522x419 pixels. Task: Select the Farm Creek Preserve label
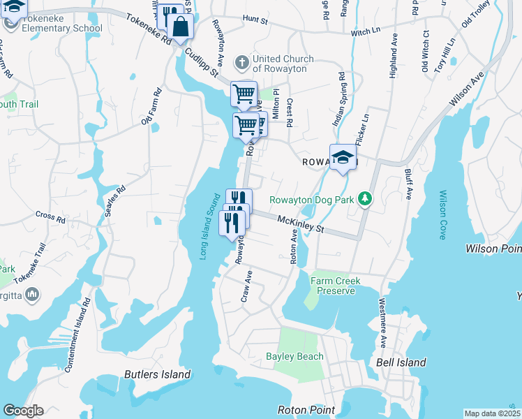click(333, 286)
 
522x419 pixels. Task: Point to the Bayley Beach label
click(294, 356)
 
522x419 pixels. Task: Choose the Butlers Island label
click(157, 374)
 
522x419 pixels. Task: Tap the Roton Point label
click(306, 410)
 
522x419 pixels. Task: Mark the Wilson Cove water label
click(442, 215)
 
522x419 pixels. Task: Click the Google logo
click(23, 411)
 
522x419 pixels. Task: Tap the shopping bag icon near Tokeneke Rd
click(180, 28)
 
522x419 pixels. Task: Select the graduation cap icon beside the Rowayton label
click(343, 159)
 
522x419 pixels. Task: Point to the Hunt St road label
click(255, 21)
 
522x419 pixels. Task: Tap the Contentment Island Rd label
click(77, 335)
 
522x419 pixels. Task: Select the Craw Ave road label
click(246, 289)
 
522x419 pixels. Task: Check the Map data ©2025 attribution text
click(492, 413)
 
